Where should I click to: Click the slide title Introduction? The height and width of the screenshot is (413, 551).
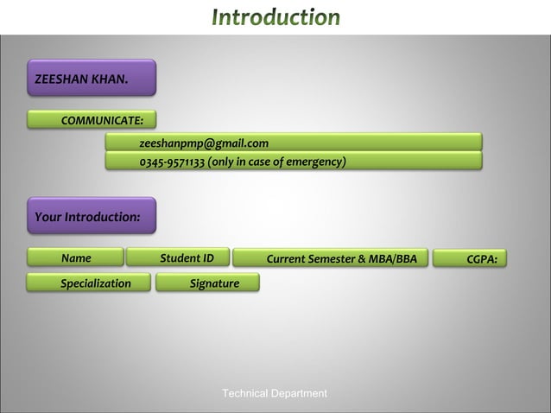[276, 16]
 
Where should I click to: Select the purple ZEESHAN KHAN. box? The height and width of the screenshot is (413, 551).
[92, 78]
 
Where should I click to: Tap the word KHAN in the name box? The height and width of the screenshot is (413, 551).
[110, 80]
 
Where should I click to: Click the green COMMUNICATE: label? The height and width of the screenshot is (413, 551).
[92, 119]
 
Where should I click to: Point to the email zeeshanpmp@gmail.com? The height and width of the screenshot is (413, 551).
[204, 143]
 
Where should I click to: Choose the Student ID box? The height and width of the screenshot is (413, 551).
[178, 257]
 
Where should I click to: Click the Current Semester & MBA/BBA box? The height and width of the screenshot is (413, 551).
[341, 258]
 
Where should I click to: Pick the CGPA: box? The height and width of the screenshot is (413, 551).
[481, 258]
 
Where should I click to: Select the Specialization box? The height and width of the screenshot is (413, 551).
[88, 283]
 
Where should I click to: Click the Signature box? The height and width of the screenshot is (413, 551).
[207, 283]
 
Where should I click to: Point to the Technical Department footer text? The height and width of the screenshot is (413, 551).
[275, 394]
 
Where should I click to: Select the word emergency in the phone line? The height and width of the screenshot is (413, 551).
[315, 162]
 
